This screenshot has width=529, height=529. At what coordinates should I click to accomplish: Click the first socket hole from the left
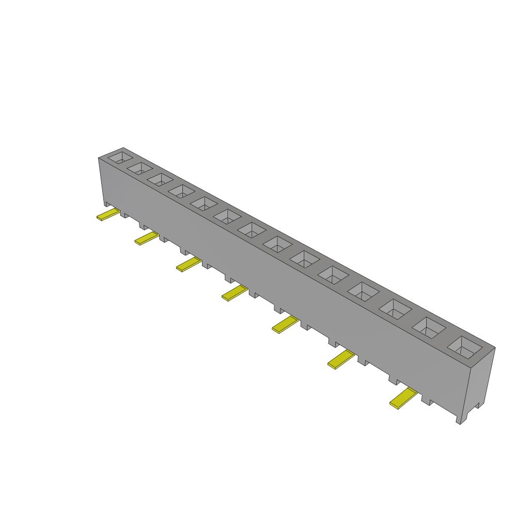(120, 157)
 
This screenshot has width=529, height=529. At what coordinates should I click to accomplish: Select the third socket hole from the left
(160, 179)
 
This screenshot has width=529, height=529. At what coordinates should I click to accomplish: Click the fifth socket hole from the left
(204, 203)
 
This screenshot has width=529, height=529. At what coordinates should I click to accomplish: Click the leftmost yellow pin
(108, 215)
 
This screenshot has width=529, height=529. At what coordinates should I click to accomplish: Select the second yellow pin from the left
(147, 238)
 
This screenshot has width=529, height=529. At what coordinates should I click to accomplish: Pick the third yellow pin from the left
(189, 265)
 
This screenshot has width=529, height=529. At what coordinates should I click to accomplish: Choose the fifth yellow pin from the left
(285, 324)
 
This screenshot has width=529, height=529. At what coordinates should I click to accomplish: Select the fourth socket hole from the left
(181, 191)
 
